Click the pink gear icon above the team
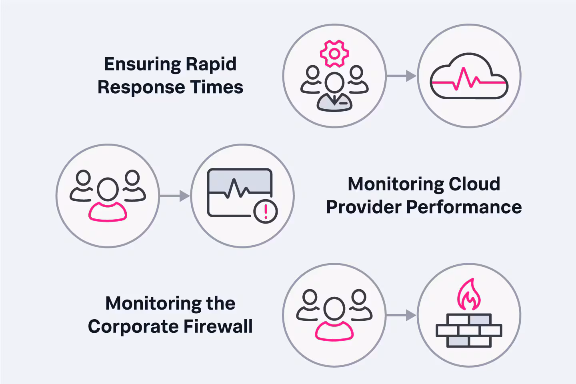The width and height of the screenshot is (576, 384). coord(334,54)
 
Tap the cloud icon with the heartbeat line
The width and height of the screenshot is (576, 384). coord(469,77)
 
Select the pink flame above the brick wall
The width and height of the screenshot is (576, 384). coord(469,295)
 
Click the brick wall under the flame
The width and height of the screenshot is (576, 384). coord(469,330)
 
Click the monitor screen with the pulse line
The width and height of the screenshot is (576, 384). coord(239,191)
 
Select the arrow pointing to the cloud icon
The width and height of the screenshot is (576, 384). coord(402,76)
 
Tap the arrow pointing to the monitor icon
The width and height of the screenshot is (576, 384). coord(175,196)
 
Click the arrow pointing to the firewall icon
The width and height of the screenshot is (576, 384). coord(402,315)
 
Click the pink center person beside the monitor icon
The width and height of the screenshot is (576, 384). coord(108,200)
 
